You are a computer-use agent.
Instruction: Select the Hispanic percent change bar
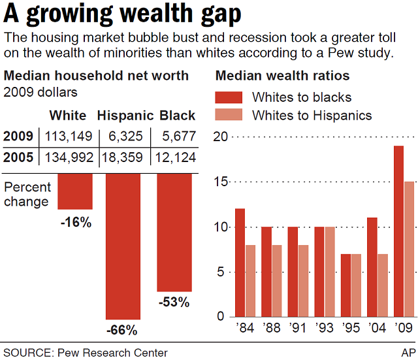(x=123, y=246)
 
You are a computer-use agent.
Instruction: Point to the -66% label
(x=124, y=330)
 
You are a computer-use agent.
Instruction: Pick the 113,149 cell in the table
(x=68, y=137)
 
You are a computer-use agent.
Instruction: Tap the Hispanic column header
(x=126, y=116)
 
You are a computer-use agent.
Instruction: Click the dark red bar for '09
(x=398, y=231)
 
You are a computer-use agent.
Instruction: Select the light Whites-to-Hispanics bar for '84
(x=250, y=280)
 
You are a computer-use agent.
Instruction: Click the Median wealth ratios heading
(x=282, y=76)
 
